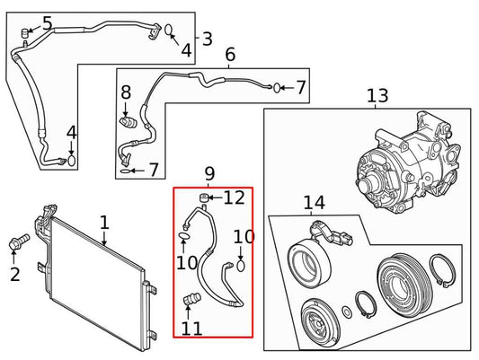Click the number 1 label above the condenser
[x=104, y=221]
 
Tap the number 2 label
[x=14, y=274]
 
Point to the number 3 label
[x=207, y=39]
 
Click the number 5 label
[x=47, y=23]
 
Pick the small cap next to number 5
[x=26, y=34]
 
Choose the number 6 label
[x=230, y=56]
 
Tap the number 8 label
[x=126, y=92]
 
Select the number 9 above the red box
[x=209, y=172]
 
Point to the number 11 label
[x=191, y=328]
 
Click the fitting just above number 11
[x=190, y=300]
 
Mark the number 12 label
[x=234, y=198]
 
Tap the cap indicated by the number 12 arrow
[x=204, y=197]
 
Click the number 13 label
[x=377, y=96]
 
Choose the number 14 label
[x=314, y=204]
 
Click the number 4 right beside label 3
[x=185, y=50]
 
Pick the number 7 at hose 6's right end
[x=300, y=87]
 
